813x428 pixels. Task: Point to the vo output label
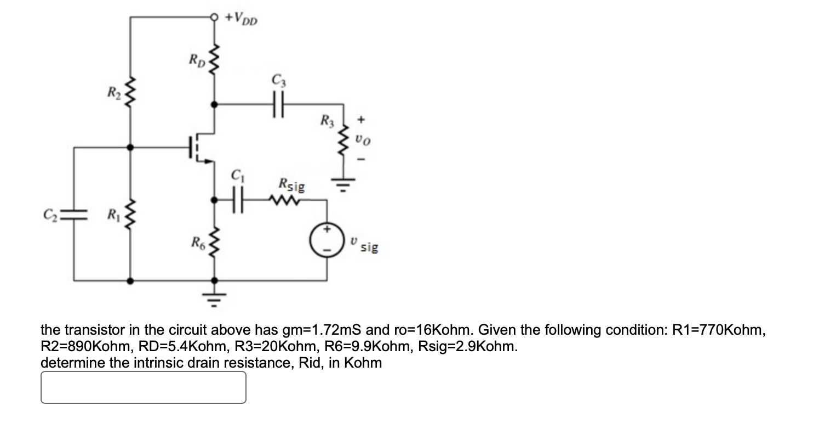pyautogui.click(x=362, y=141)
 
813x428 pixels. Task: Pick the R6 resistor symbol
pyautogui.click(x=214, y=241)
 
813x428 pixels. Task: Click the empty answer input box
pyautogui.click(x=143, y=387)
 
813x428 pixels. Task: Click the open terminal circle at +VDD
pyautogui.click(x=214, y=17)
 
